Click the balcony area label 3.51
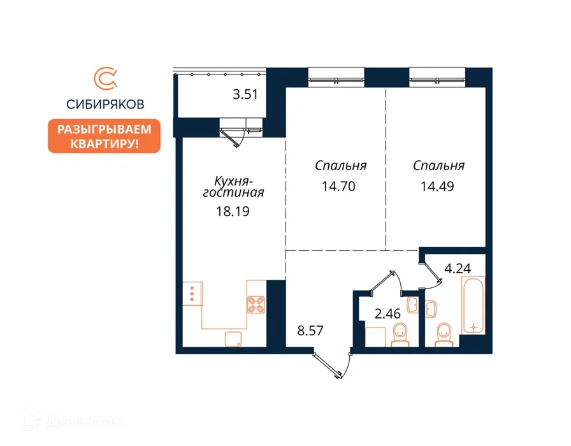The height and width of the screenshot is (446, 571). tap(245, 95)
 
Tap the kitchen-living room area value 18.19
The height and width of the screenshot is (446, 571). tap(233, 211)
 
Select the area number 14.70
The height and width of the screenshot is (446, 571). tap(338, 187)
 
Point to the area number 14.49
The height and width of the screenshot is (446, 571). tap(437, 187)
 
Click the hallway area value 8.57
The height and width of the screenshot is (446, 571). tap(310, 331)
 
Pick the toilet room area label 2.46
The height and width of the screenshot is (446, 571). tap(387, 313)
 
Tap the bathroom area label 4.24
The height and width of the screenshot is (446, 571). tap(458, 269)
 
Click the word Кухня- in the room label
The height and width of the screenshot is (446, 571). tap(233, 180)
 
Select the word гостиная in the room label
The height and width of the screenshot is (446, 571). tap(233, 192)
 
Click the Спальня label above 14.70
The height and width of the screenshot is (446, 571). tap(340, 166)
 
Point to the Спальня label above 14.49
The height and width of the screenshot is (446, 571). tap(438, 166)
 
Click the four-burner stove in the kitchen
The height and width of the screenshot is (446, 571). tap(256, 305)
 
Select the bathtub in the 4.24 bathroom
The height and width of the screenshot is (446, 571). tap(473, 305)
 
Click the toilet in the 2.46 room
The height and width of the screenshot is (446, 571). tap(400, 334)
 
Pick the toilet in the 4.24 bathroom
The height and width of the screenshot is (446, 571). tap(444, 335)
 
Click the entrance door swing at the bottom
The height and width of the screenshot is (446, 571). tap(332, 366)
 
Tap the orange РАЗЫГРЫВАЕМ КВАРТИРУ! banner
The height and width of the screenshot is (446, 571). tap(104, 136)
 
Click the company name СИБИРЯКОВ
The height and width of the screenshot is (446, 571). tap(105, 104)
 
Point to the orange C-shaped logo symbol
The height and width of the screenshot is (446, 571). tap(105, 78)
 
